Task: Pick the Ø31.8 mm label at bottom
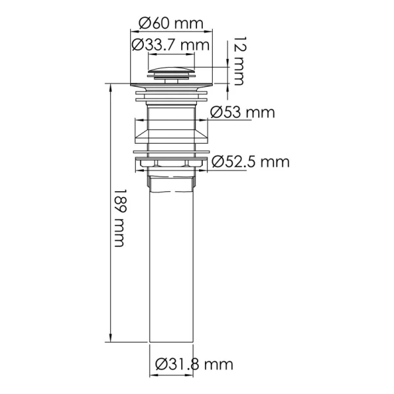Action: click(x=194, y=364)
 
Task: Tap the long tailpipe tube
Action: click(x=173, y=263)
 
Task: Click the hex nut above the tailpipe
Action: click(x=173, y=172)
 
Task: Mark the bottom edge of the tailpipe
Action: click(x=173, y=340)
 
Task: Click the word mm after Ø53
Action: click(x=260, y=112)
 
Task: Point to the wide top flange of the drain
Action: click(x=173, y=83)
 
